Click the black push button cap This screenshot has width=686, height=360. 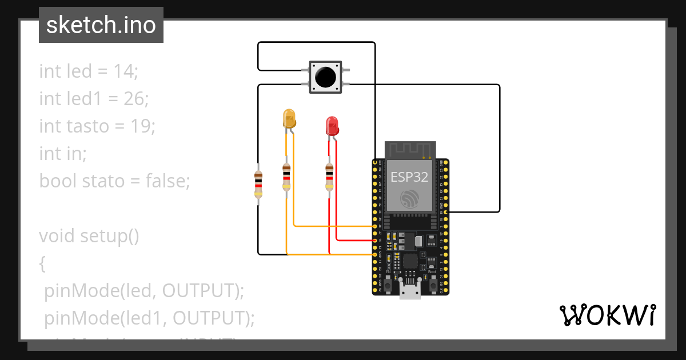tap(325, 76)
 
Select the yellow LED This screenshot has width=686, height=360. tap(290, 119)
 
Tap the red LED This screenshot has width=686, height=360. tap(332, 126)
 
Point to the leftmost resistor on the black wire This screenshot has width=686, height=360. tap(258, 184)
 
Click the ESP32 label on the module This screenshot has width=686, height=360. tap(409, 177)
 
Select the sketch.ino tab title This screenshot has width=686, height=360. tap(101, 25)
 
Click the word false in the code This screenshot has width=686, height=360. tap(166, 181)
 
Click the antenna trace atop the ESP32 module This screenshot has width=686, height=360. tap(409, 150)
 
